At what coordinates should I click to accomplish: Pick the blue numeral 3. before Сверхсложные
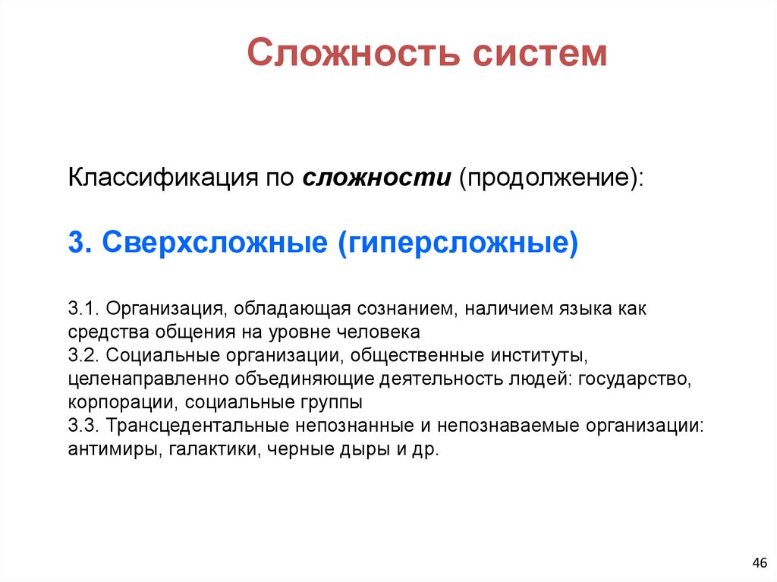click(x=80, y=244)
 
